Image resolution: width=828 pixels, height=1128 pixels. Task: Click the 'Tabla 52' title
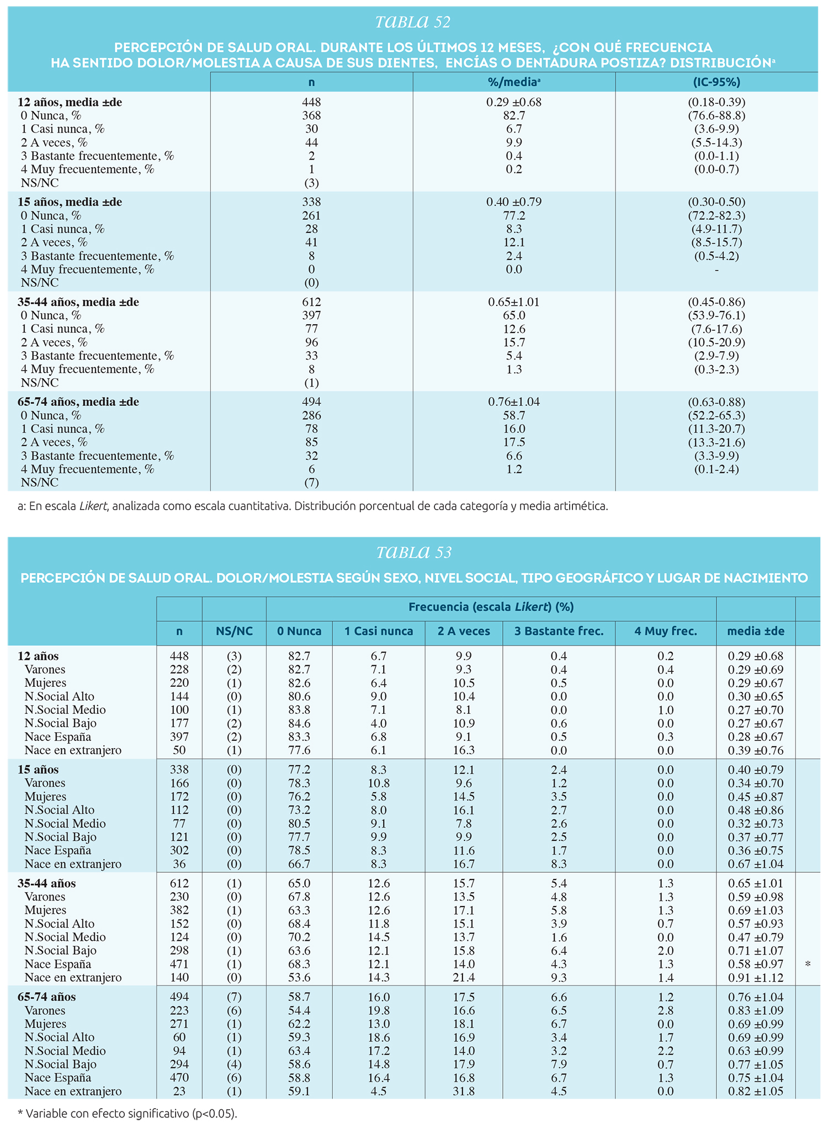coord(413,22)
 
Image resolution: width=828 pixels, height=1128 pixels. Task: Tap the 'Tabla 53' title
coord(414,552)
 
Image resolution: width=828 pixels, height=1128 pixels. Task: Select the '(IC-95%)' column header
coord(716,82)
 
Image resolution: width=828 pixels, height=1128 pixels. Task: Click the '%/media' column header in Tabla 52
coord(513,82)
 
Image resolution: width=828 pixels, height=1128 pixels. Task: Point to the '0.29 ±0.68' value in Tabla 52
coord(514,102)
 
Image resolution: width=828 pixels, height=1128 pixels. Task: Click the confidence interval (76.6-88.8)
coord(716,115)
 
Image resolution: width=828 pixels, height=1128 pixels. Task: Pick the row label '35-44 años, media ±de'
coord(78,302)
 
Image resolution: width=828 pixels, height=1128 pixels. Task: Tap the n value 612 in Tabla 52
coord(311,302)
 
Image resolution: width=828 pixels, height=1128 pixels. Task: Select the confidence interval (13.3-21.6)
coord(716,442)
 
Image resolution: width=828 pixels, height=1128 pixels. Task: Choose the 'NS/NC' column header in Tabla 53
coord(234,631)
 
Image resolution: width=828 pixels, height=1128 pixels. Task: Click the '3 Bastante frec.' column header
coord(559,631)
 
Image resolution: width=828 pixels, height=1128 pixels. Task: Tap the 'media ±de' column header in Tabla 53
coord(756,631)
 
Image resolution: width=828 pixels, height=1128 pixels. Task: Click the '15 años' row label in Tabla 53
coord(38,770)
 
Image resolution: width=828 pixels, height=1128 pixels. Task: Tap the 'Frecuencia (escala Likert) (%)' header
coord(491,607)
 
